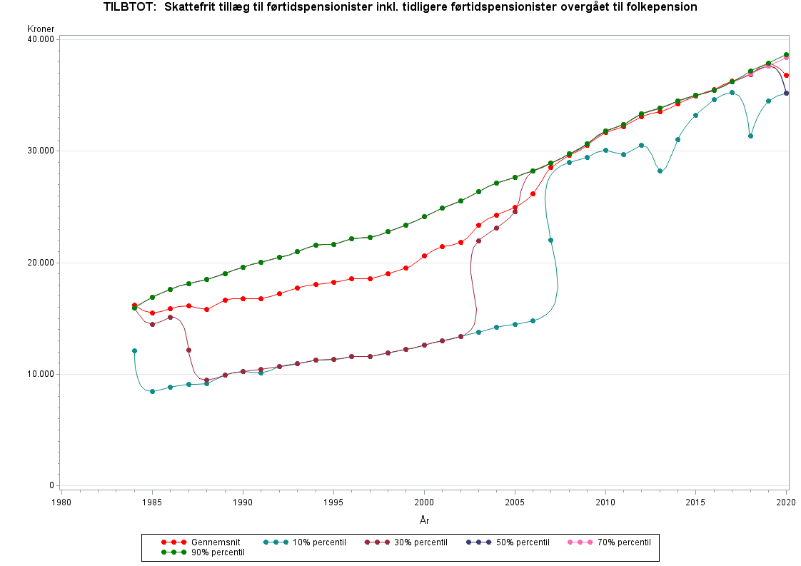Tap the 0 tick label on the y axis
click(51, 486)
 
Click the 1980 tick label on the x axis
click(61, 502)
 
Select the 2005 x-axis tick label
click(515, 502)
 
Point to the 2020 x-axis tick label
click(787, 502)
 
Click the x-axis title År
click(424, 520)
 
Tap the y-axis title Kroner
click(41, 29)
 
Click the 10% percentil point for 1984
click(134, 350)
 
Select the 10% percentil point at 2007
click(550, 240)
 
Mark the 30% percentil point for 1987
click(188, 350)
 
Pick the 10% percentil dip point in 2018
click(750, 136)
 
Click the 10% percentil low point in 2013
click(660, 171)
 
